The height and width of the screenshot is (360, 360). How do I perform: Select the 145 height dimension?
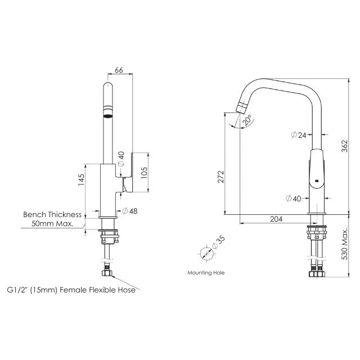click(x=81, y=179)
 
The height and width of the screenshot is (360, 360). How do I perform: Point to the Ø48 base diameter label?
click(x=129, y=210)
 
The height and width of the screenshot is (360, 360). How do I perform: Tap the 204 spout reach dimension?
click(x=276, y=219)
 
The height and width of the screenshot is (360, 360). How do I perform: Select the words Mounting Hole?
click(x=206, y=272)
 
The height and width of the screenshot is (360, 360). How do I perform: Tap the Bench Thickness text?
click(x=52, y=214)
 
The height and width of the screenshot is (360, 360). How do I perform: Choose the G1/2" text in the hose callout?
click(x=19, y=291)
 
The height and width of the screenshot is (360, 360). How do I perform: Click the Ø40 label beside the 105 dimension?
click(x=120, y=159)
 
